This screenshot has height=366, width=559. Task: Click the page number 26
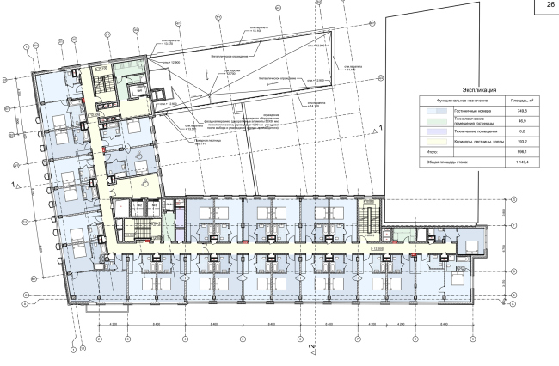[x=546, y=7]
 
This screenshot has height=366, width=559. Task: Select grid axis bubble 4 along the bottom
[x=185, y=339]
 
